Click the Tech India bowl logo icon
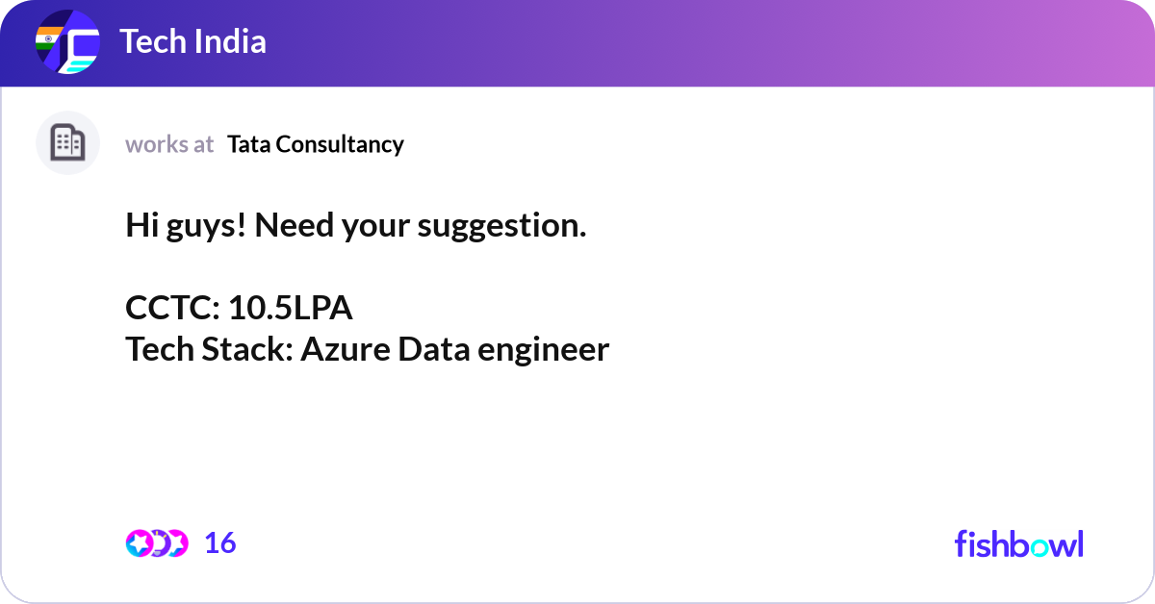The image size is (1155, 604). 67,42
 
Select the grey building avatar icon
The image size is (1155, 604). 67,143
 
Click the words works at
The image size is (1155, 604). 169,144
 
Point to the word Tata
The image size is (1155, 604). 248,144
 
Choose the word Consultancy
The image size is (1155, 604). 340,144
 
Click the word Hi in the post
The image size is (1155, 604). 141,226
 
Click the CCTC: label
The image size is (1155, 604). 173,308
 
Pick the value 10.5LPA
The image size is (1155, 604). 291,308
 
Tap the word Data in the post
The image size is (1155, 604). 426,349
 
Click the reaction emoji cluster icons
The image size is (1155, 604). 156,543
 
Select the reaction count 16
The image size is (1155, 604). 220,543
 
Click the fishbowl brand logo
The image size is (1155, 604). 1018,543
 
